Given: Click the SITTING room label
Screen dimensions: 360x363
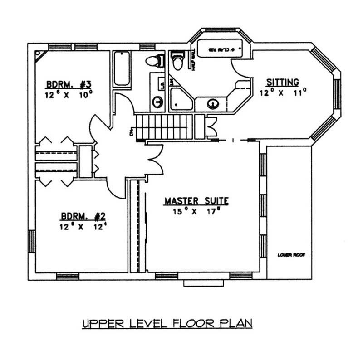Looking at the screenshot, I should point(282,82).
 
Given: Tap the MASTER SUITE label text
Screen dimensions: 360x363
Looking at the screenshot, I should point(196,200).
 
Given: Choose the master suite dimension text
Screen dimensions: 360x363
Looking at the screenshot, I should point(196,211).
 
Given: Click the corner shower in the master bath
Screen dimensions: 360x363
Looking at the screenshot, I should point(181,99).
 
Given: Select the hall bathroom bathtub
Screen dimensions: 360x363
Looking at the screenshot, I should point(121,69).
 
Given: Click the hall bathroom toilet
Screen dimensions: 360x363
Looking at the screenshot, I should point(153,61).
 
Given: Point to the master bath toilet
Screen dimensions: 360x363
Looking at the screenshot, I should point(177,61).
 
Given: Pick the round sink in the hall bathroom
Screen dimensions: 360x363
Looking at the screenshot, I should point(157,102).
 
